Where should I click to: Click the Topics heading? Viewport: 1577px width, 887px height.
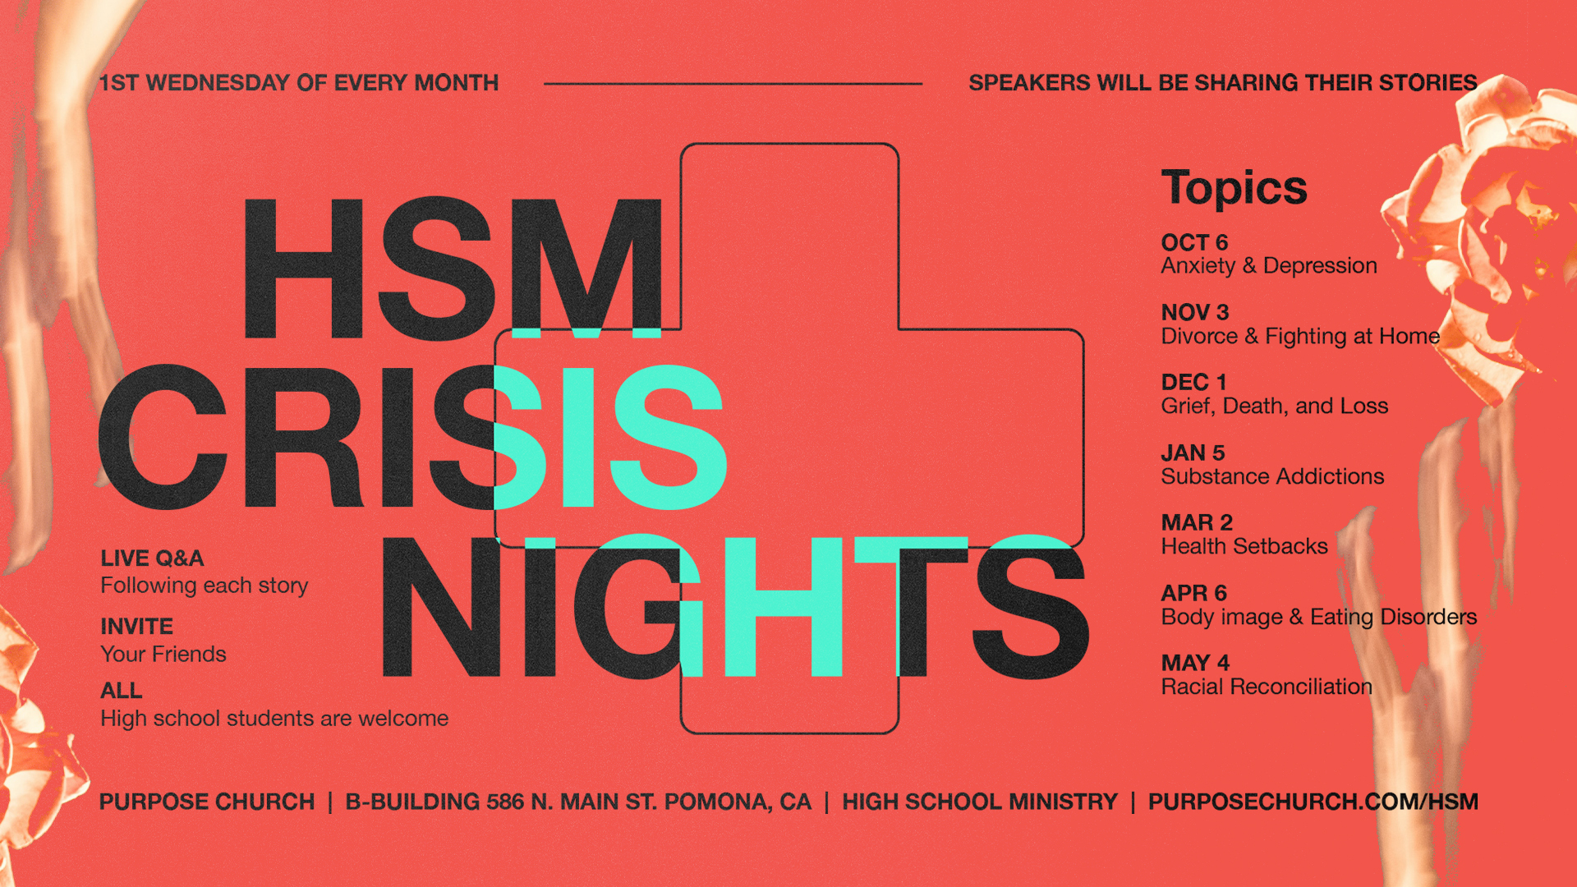click(x=1234, y=188)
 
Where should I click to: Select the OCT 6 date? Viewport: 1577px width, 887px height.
click(x=1194, y=242)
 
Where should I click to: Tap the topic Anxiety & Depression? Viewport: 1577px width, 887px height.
click(x=1269, y=265)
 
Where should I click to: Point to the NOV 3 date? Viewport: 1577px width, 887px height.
click(x=1195, y=312)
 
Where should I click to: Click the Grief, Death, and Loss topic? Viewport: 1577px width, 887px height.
click(x=1275, y=406)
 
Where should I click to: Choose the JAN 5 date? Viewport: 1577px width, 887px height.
click(x=1193, y=453)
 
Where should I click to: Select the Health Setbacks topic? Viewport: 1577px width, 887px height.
click(x=1244, y=546)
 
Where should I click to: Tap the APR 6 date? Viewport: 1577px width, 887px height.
click(x=1194, y=593)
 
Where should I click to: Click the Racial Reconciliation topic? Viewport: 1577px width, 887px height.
click(x=1267, y=687)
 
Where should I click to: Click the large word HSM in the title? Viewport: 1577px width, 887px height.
click(x=453, y=268)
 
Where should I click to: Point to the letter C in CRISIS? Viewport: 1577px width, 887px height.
click(x=163, y=436)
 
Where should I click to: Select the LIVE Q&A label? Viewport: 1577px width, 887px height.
click(x=152, y=558)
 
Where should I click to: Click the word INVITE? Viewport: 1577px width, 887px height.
click(x=136, y=627)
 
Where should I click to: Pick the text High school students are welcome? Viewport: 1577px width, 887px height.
click(x=274, y=719)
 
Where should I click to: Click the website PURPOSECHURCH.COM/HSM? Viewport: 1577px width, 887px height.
click(x=1313, y=802)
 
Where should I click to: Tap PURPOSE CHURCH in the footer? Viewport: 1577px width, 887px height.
click(x=207, y=802)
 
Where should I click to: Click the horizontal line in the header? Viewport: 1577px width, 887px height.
click(x=733, y=83)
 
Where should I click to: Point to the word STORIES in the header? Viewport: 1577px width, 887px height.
click(x=1428, y=83)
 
